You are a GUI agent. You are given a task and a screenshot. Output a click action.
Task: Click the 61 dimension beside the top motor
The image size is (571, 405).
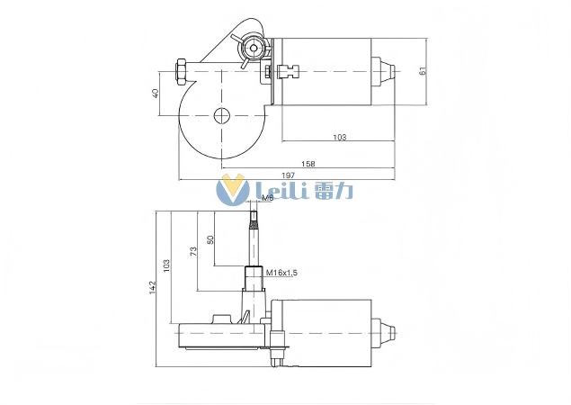(x=422, y=71)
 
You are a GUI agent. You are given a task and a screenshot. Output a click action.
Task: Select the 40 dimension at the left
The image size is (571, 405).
(x=156, y=93)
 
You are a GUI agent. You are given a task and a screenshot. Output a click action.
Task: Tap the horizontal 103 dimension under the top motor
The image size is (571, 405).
(x=339, y=137)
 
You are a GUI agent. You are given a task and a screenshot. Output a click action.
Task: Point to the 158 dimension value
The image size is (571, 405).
(x=307, y=164)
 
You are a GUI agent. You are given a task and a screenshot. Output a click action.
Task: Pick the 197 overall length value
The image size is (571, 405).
(x=288, y=175)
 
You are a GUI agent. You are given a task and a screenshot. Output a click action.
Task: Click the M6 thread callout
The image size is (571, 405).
(x=266, y=198)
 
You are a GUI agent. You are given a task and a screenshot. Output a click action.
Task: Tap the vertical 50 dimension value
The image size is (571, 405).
(x=210, y=240)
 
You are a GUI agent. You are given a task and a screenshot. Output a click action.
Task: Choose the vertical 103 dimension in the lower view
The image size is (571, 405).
(x=165, y=265)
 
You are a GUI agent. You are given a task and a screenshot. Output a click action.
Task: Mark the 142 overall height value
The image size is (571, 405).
(x=153, y=287)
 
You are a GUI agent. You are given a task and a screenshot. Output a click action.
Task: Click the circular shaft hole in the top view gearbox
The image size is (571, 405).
(x=221, y=115)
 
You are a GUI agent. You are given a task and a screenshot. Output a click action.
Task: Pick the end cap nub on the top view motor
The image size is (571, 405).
(x=385, y=71)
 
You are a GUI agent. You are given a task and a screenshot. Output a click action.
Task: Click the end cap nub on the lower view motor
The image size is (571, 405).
(x=385, y=331)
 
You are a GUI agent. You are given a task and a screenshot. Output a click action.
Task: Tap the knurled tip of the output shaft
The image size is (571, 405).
(x=254, y=216)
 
